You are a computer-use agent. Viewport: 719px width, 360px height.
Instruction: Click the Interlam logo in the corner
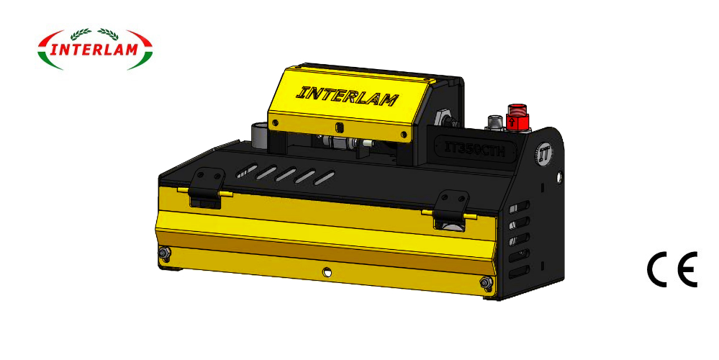click(95, 49)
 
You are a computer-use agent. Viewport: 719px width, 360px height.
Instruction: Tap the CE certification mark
click(671, 271)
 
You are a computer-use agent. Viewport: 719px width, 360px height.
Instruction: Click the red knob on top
click(515, 116)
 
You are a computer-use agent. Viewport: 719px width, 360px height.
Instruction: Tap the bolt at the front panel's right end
click(486, 282)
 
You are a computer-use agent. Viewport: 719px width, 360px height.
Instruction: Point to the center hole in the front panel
click(327, 272)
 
